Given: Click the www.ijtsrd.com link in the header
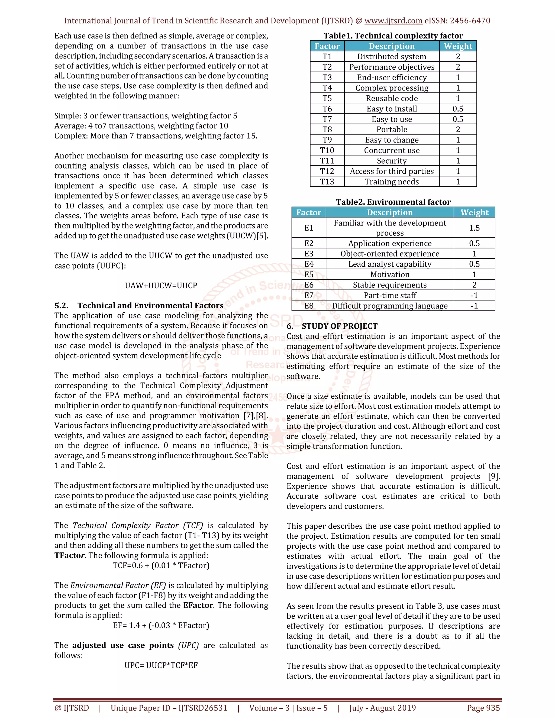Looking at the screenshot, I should (x=393, y=21).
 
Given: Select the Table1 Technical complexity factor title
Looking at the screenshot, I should (x=393, y=36).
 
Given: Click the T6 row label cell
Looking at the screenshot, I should (x=327, y=109).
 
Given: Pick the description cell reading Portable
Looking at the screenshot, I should (x=392, y=130).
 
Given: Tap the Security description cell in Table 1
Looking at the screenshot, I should (x=392, y=161).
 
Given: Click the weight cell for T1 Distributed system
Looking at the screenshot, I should (x=458, y=57).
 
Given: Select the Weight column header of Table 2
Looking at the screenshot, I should (x=474, y=212).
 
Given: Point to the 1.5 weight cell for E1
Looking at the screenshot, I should (x=474, y=228).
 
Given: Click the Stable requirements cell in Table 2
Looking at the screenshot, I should (x=390, y=285).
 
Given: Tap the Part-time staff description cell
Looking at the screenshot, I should (x=390, y=296).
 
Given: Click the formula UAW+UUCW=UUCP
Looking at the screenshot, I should (x=161, y=286).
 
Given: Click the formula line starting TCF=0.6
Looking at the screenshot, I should (x=161, y=565).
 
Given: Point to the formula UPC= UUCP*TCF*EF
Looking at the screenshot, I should (x=161, y=665).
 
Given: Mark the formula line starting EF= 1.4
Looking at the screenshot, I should (x=161, y=626).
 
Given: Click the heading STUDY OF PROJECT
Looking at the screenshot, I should (x=339, y=326).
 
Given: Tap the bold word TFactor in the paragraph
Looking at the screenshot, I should (x=69, y=556).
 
